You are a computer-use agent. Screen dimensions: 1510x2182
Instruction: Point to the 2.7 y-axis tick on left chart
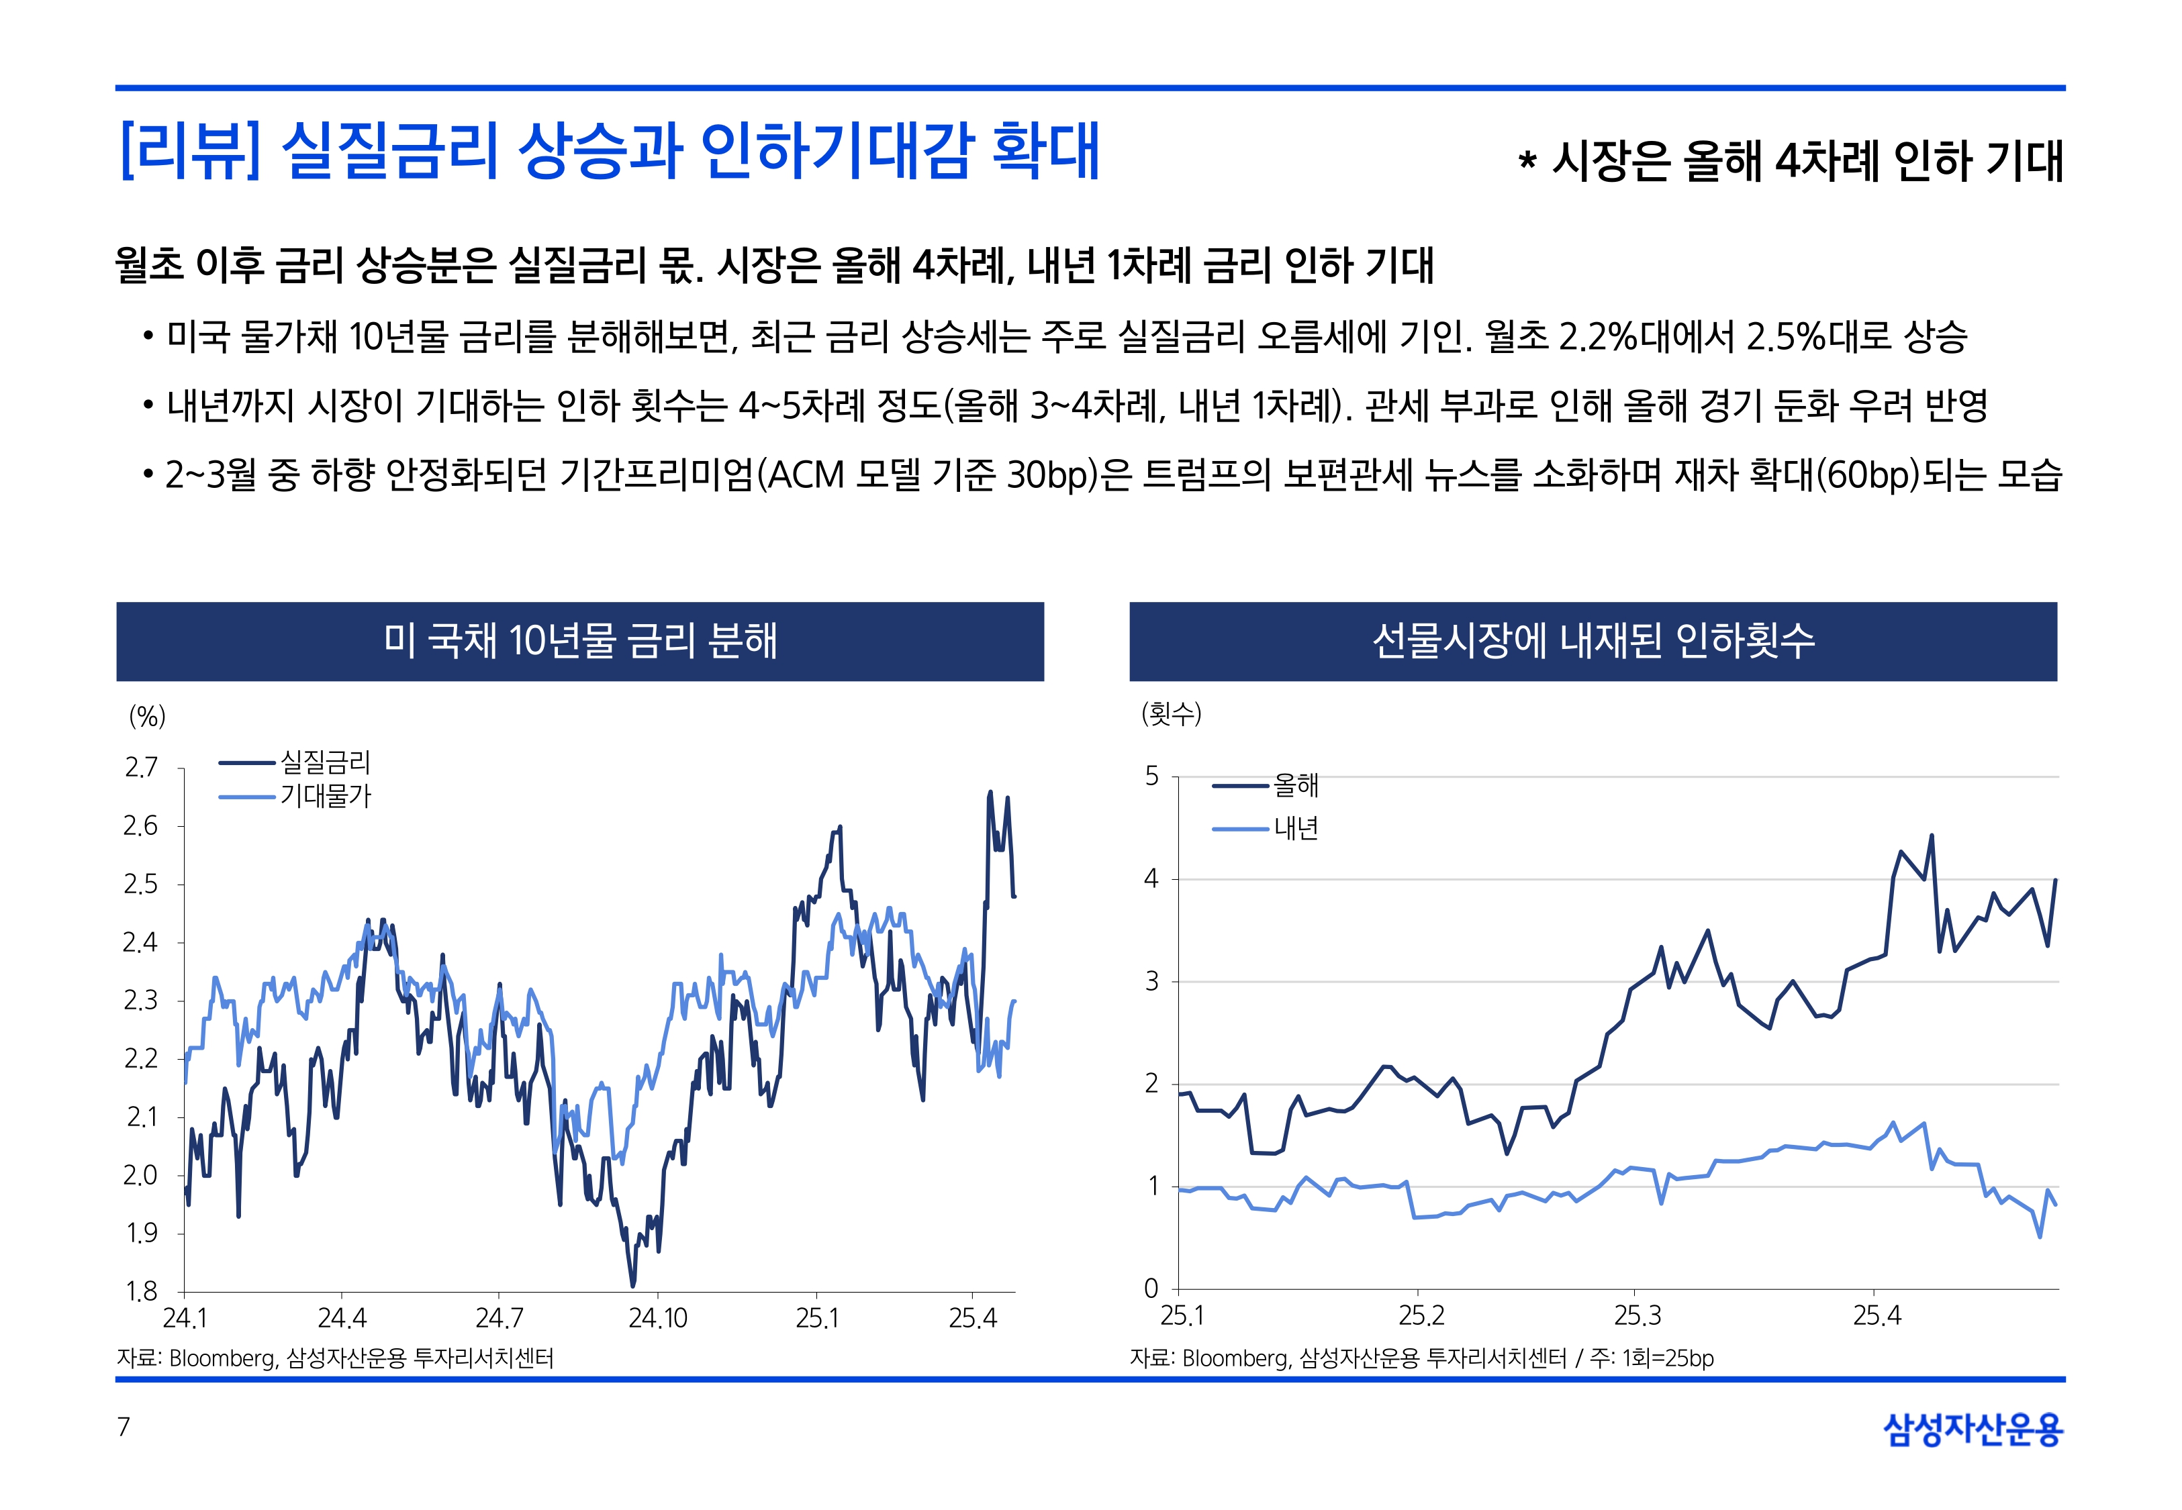coord(141,767)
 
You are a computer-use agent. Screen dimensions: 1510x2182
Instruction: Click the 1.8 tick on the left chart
coord(141,1291)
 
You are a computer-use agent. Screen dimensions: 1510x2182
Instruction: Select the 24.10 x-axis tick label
coord(658,1318)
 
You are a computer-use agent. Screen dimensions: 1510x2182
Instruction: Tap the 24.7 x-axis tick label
coord(499,1318)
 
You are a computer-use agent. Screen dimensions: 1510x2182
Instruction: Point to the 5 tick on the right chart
coord(1151,776)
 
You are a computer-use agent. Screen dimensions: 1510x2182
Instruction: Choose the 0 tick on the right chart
coord(1151,1289)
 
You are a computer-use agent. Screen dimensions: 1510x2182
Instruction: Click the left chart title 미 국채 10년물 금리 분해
coord(580,640)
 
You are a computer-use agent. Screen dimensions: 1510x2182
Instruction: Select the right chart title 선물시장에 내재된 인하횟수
coord(1593,640)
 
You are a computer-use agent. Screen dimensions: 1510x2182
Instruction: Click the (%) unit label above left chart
coord(146,716)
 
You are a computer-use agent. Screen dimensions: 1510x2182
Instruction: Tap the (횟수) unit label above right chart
coord(1172,713)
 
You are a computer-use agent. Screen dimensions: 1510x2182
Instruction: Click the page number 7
coord(123,1427)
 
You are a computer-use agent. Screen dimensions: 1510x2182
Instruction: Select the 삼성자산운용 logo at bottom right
coord(1973,1429)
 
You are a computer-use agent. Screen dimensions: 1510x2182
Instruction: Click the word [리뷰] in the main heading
coord(189,152)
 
